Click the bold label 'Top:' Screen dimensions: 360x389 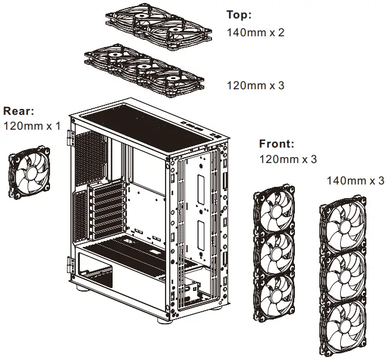[239, 14]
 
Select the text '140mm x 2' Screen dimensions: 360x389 [256, 32]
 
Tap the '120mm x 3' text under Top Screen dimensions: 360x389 [256, 86]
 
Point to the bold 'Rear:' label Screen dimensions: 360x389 [18, 111]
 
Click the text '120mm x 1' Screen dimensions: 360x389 [32, 126]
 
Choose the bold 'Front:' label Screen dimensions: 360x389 [276, 144]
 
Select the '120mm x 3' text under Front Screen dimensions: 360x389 [288, 159]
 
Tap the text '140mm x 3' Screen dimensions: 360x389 [356, 180]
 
